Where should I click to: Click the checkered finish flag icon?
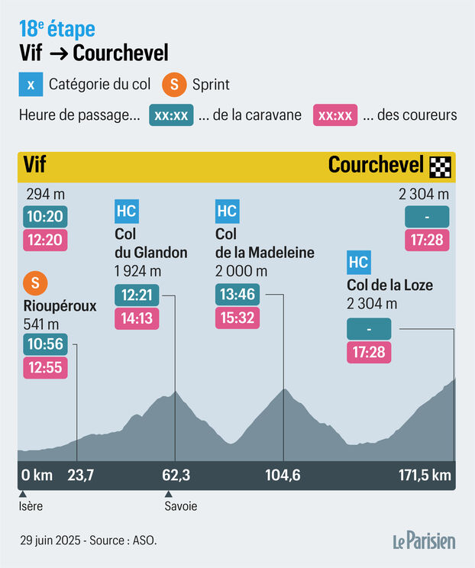click(x=441, y=166)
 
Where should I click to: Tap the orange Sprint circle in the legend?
click(x=174, y=85)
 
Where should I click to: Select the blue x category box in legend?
click(x=31, y=85)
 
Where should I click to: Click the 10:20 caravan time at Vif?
click(x=45, y=217)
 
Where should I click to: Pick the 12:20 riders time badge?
click(x=45, y=240)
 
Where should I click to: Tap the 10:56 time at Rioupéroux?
click(x=45, y=344)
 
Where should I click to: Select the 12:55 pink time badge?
click(x=45, y=368)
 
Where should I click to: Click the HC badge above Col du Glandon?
click(x=126, y=211)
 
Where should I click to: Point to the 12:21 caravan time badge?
click(x=137, y=295)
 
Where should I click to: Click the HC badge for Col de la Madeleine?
click(x=227, y=211)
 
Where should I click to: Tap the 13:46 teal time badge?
click(x=237, y=295)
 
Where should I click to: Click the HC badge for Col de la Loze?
click(x=358, y=263)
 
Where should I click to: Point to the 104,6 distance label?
click(x=283, y=476)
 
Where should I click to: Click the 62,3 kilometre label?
click(x=176, y=476)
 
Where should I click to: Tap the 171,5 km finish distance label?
click(x=425, y=476)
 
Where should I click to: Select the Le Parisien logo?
click(x=424, y=541)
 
